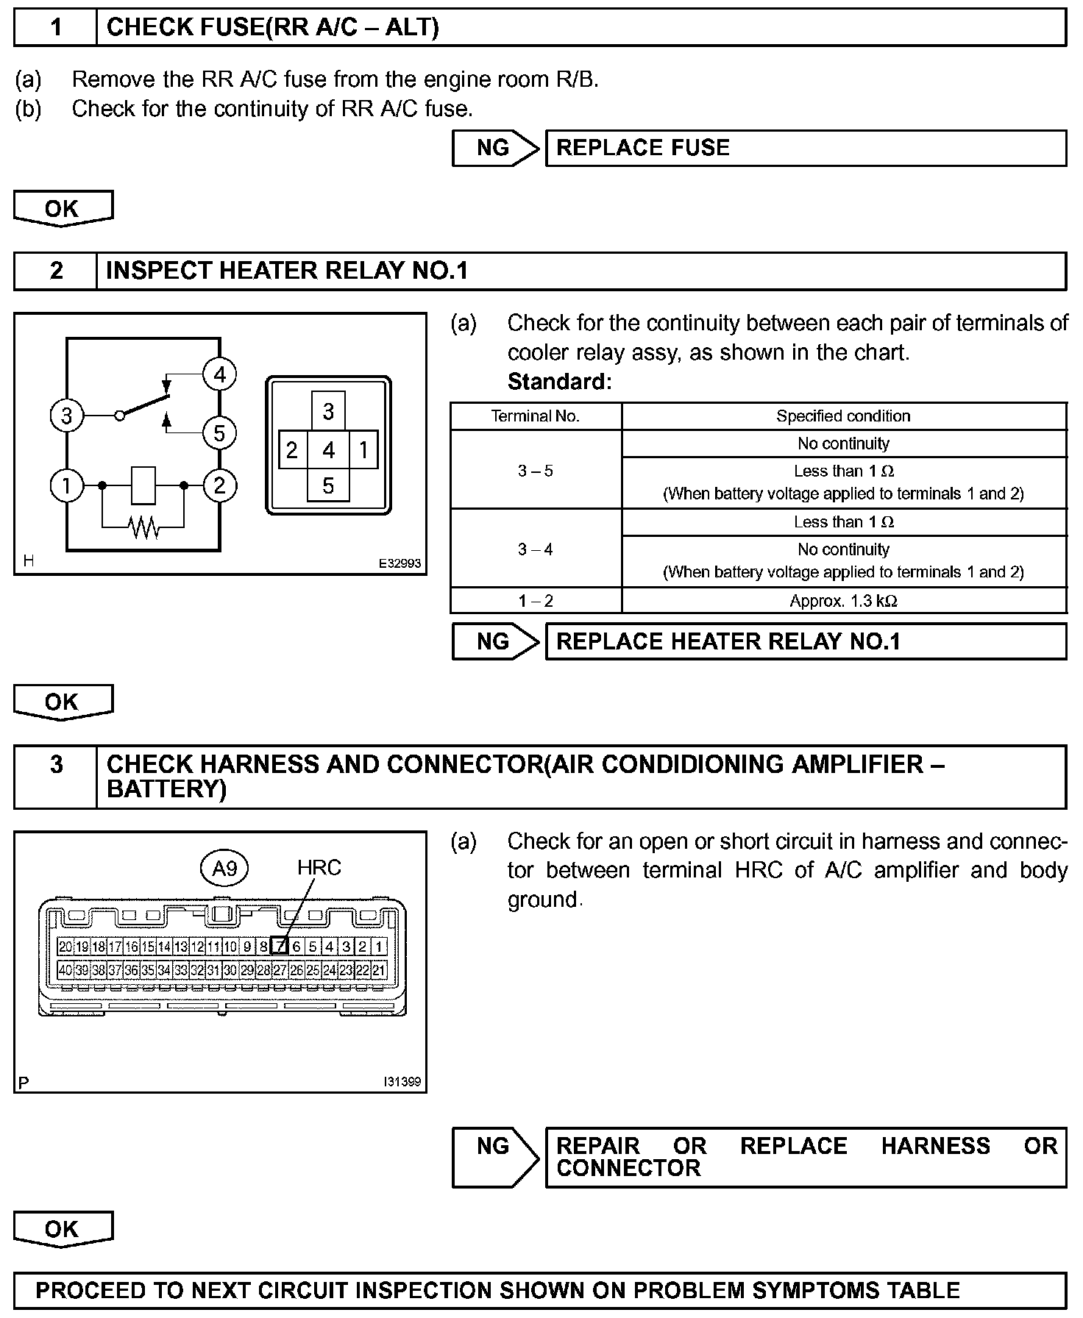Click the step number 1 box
56,28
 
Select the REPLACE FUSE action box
805,148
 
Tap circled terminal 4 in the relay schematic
219,375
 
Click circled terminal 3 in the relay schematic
66,416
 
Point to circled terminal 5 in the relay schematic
219,433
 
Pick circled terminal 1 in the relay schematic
66,485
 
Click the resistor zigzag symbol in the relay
143,527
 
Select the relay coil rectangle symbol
143,485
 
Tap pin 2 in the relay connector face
292,449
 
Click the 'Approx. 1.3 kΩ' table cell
843,601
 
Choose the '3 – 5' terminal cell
536,471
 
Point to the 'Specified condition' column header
843,416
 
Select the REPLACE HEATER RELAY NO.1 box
805,641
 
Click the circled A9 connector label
224,869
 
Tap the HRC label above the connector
319,868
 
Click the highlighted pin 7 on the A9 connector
280,947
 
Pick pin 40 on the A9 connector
65,970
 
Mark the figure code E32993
400,563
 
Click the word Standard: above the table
559,382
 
